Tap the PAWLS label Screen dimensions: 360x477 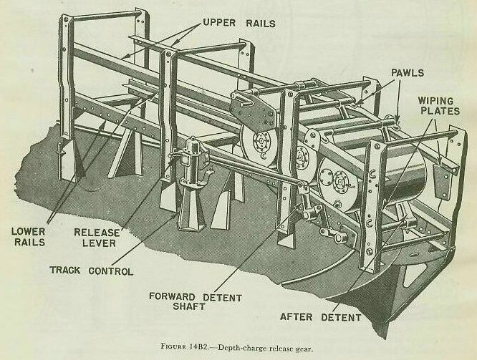pyautogui.click(x=408, y=72)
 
